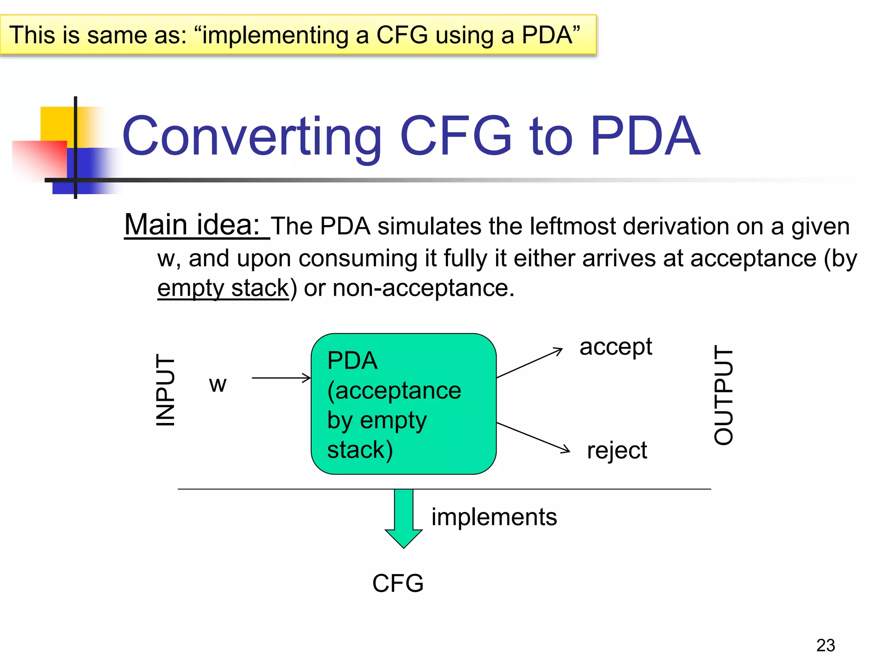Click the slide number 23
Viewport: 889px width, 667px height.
tap(825, 645)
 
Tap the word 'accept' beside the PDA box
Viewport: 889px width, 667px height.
tap(616, 347)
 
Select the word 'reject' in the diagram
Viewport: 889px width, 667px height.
tap(617, 450)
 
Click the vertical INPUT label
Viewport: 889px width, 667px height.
tap(165, 390)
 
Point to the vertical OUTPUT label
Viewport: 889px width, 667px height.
tap(724, 395)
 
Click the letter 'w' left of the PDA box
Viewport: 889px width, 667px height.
tap(217, 384)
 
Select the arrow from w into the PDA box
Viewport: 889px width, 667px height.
tap(281, 378)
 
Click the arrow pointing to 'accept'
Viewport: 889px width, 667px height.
tap(530, 363)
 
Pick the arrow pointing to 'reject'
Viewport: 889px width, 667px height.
tap(533, 437)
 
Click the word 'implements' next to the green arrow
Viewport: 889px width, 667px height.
tap(494, 517)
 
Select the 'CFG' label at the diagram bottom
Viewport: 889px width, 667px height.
tap(398, 583)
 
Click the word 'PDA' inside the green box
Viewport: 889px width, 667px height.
tap(352, 361)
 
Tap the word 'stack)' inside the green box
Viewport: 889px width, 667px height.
tap(360, 449)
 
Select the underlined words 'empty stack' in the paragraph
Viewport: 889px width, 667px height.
tap(223, 288)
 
